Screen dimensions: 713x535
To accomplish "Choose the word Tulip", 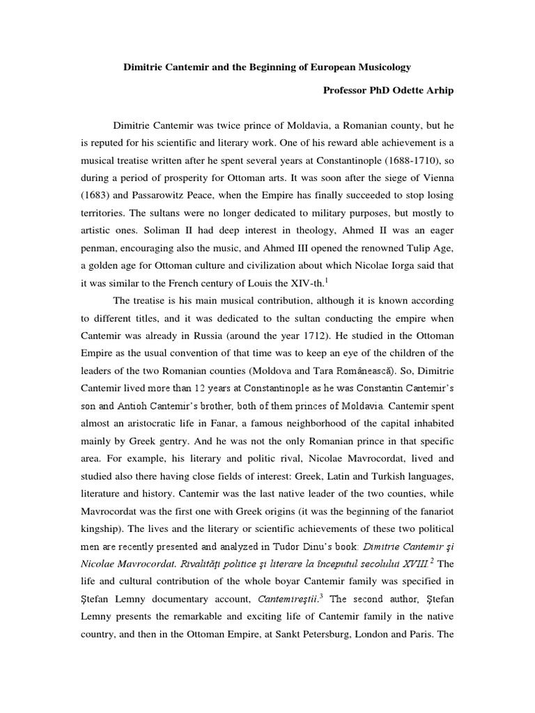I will (402, 246).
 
